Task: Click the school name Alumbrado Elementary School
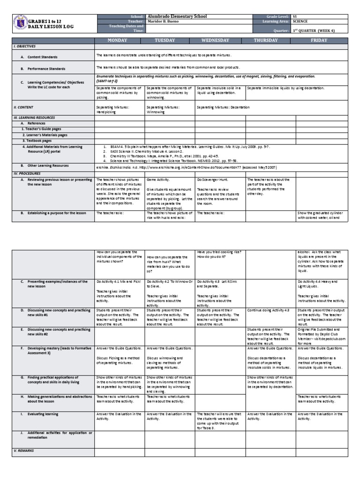point(177,16)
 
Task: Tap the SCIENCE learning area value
point(300,22)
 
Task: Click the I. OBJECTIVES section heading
point(25,47)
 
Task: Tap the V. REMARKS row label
point(24,450)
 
